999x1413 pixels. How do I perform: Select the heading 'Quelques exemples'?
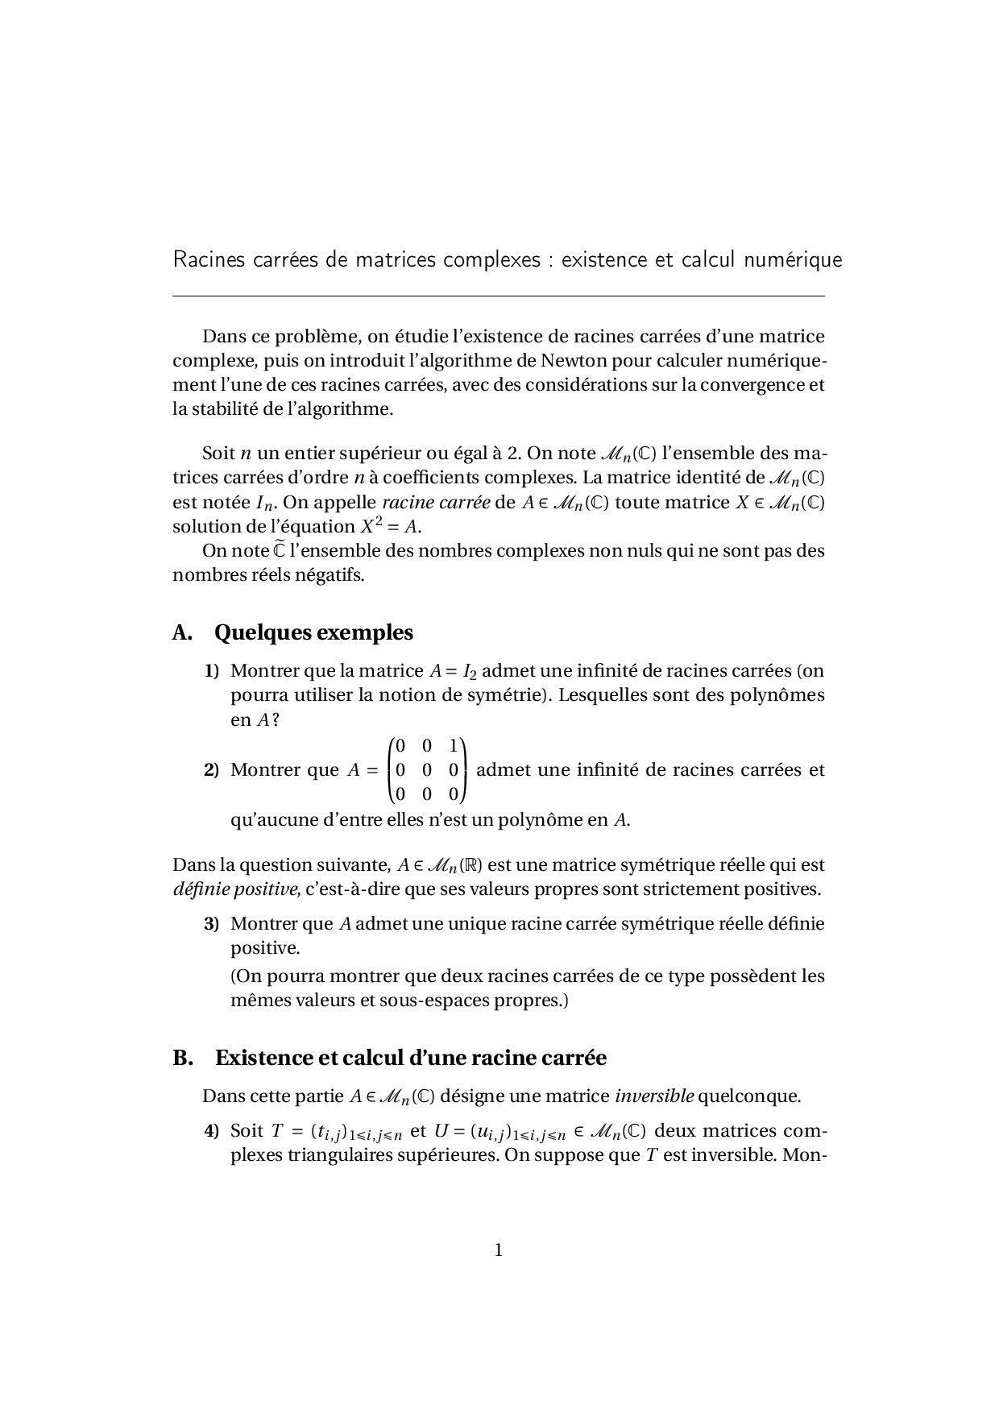[x=313, y=633]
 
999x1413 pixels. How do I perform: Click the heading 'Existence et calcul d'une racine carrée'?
[x=410, y=1058]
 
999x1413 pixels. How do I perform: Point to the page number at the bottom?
[x=499, y=1250]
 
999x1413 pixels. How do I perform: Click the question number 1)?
[x=211, y=671]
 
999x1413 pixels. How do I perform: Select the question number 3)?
[x=211, y=924]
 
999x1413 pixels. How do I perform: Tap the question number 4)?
[x=211, y=1131]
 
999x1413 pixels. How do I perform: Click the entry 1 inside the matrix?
[x=454, y=746]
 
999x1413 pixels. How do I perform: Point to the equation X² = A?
[x=389, y=528]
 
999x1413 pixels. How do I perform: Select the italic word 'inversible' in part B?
[x=654, y=1096]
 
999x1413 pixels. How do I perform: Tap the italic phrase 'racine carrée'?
[x=436, y=503]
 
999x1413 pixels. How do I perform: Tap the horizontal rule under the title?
[x=499, y=296]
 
